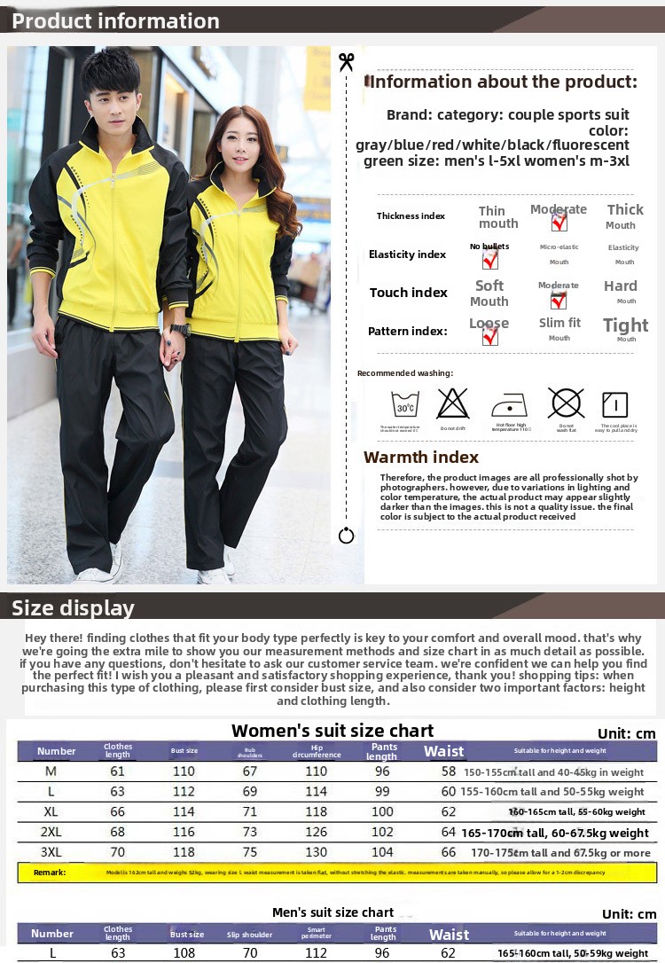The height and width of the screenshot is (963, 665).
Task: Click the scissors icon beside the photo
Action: pos(346,61)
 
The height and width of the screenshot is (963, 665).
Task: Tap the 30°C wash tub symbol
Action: pos(405,404)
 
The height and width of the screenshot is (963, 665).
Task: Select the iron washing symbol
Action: pos(509,405)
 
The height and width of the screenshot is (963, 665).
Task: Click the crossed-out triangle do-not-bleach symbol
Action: pos(452,403)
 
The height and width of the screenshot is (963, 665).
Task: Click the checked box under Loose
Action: pos(489,336)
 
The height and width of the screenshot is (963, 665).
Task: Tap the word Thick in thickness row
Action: pos(625,210)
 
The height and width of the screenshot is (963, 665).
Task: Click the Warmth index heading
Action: pos(421,458)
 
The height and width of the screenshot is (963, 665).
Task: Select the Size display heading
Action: pos(73,607)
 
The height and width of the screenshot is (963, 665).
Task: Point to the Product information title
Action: pos(115,21)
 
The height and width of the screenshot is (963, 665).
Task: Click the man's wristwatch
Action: pos(180,329)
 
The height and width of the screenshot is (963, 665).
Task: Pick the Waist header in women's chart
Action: pos(444,751)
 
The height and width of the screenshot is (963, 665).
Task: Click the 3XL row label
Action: pos(51,852)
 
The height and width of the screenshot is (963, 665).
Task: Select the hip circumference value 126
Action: pos(317,832)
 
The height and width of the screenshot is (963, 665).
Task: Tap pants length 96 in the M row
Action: pos(382,771)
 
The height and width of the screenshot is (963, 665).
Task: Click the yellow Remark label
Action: pos(50,873)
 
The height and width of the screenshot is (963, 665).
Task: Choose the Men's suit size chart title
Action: pos(332,912)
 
